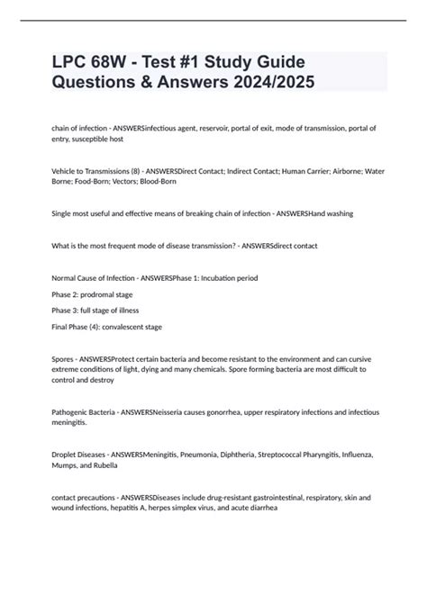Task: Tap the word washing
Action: [x=335, y=213]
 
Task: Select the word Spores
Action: [x=65, y=358]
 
